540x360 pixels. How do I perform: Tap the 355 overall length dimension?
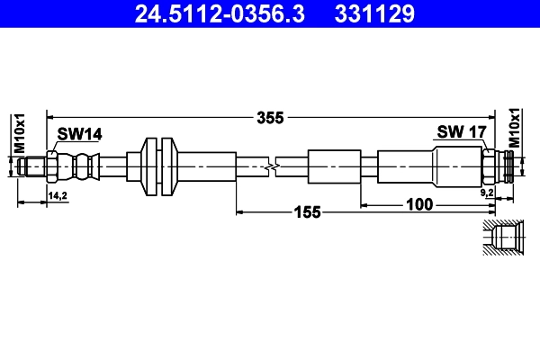270,117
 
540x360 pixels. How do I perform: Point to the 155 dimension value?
307,213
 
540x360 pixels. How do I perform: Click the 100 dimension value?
419,204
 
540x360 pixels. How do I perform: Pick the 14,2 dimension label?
58,194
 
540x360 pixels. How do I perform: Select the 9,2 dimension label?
487,193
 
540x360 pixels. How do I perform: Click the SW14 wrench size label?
80,134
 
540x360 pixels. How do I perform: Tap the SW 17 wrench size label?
462,132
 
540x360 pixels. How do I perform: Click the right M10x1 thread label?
515,128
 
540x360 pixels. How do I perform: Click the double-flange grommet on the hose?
158,166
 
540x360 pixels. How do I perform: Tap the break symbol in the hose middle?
273,166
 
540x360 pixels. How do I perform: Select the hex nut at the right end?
490,166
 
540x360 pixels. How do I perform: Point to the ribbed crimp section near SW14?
85,166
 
